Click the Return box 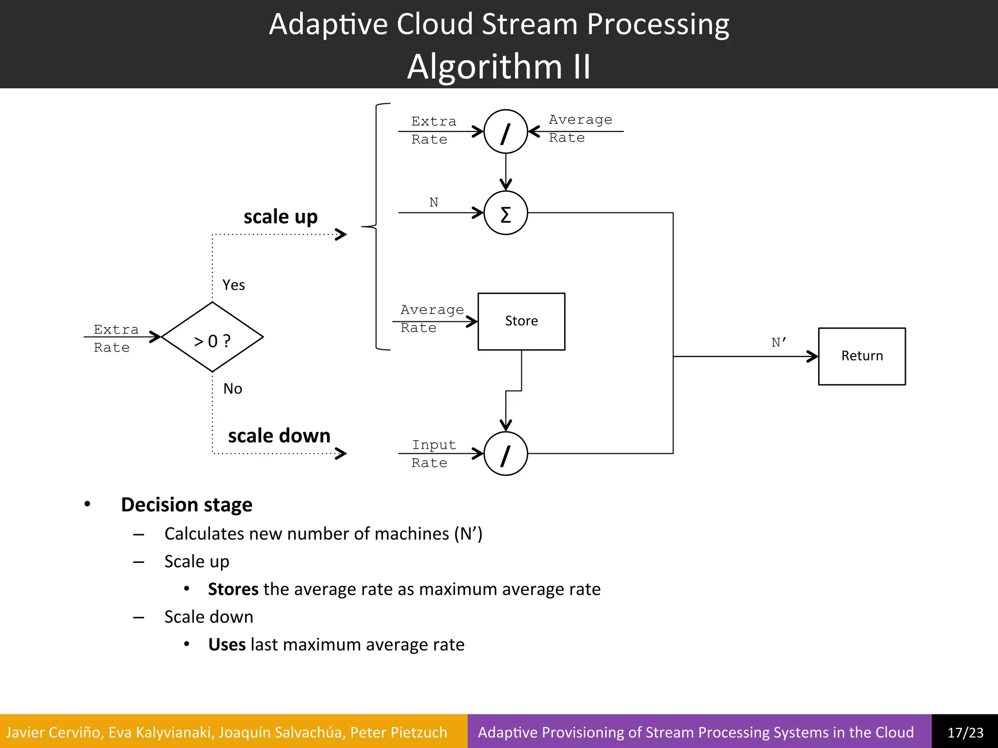point(862,356)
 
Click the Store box point(521,321)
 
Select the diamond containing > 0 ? point(212,337)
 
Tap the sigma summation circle point(505,213)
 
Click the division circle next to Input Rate point(505,453)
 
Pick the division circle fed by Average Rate point(505,131)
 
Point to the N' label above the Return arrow point(779,342)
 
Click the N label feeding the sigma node point(434,202)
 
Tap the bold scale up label point(280,216)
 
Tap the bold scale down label point(279,435)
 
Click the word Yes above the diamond point(233,285)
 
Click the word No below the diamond point(232,389)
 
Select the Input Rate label point(433,453)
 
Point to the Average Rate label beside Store point(431,318)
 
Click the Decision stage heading point(186,505)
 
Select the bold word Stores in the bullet point(233,589)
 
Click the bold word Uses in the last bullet point(227,644)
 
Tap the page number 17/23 point(965,732)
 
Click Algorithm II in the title point(499,66)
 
